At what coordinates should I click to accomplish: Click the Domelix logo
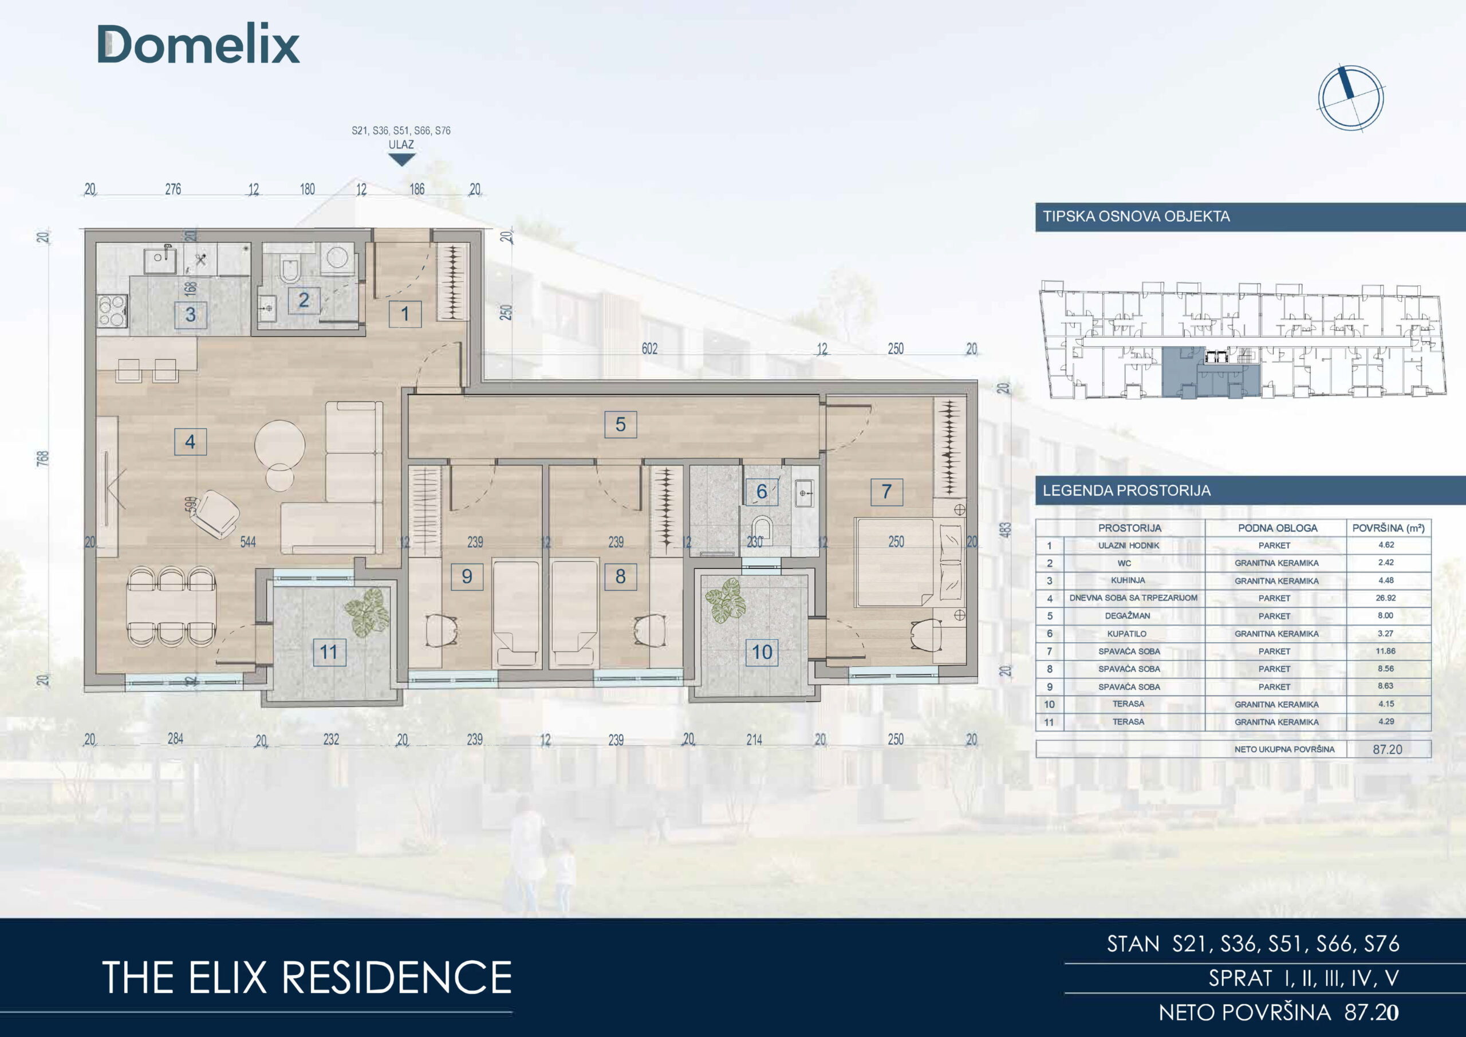tap(198, 45)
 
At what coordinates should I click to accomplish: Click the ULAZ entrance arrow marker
tap(401, 160)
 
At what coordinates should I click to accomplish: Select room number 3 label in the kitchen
tap(190, 315)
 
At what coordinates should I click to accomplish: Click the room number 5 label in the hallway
tap(620, 425)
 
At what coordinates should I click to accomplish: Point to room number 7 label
tap(886, 492)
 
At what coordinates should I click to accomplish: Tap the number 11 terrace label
tap(329, 653)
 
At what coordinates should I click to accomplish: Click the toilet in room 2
tap(290, 271)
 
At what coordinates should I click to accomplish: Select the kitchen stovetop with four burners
tap(112, 311)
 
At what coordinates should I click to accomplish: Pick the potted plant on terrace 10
tap(726, 600)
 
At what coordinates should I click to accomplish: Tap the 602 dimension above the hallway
tap(649, 349)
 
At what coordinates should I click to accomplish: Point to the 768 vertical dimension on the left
tap(43, 458)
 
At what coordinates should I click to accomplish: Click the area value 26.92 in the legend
tap(1386, 598)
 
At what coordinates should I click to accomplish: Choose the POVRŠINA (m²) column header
tap(1388, 528)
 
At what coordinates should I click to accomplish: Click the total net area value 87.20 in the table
tap(1388, 749)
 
